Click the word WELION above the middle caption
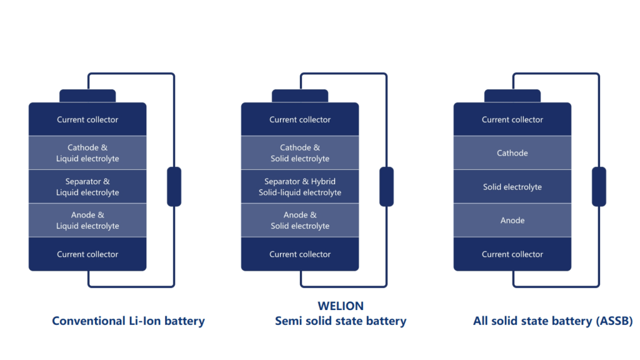click(x=341, y=306)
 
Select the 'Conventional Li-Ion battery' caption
click(x=128, y=321)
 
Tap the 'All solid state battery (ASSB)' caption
click(x=553, y=321)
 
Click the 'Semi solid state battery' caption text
click(x=341, y=321)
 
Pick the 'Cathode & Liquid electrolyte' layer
click(x=87, y=153)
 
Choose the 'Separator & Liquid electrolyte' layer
click(x=87, y=187)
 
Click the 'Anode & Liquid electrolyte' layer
click(x=87, y=221)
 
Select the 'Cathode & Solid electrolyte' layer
click(x=300, y=153)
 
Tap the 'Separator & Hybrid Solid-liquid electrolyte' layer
click(x=300, y=187)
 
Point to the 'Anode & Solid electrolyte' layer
click(x=300, y=221)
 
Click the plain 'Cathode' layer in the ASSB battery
click(x=512, y=153)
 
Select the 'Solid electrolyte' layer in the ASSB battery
click(x=512, y=187)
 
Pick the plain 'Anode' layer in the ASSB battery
click(x=512, y=221)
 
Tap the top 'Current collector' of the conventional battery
click(x=87, y=119)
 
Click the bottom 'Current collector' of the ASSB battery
click(x=512, y=254)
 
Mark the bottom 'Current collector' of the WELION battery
click(x=300, y=254)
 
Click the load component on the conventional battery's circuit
click(x=174, y=186)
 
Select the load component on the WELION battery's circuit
click(x=387, y=186)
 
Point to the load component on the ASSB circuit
click(x=599, y=186)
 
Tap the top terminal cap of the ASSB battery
click(x=512, y=96)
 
